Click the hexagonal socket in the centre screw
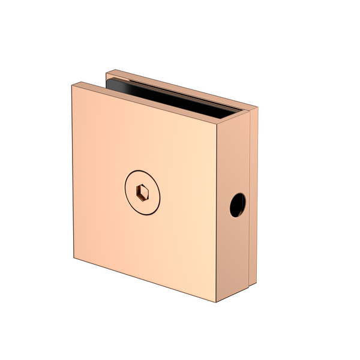(143, 192)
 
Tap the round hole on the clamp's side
(238, 204)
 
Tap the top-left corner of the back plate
(106, 73)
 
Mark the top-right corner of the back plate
(257, 108)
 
